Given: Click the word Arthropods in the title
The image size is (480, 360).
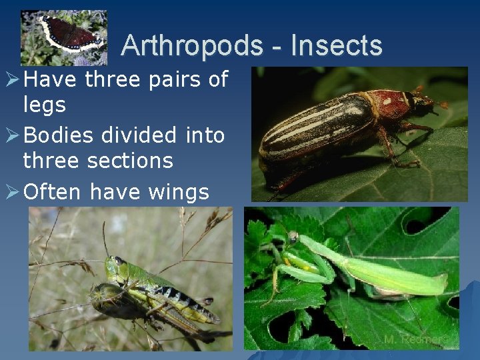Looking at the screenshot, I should click(193, 45).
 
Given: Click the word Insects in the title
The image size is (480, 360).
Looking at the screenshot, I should click(337, 45).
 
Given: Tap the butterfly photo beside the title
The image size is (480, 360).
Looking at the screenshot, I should click(63, 37).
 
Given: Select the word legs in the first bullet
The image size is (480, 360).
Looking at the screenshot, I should click(45, 105).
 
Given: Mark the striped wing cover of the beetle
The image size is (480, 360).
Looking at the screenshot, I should click(313, 127).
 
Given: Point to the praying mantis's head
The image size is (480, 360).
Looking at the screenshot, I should click(293, 237).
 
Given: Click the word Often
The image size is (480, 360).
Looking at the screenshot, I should click(51, 192).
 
